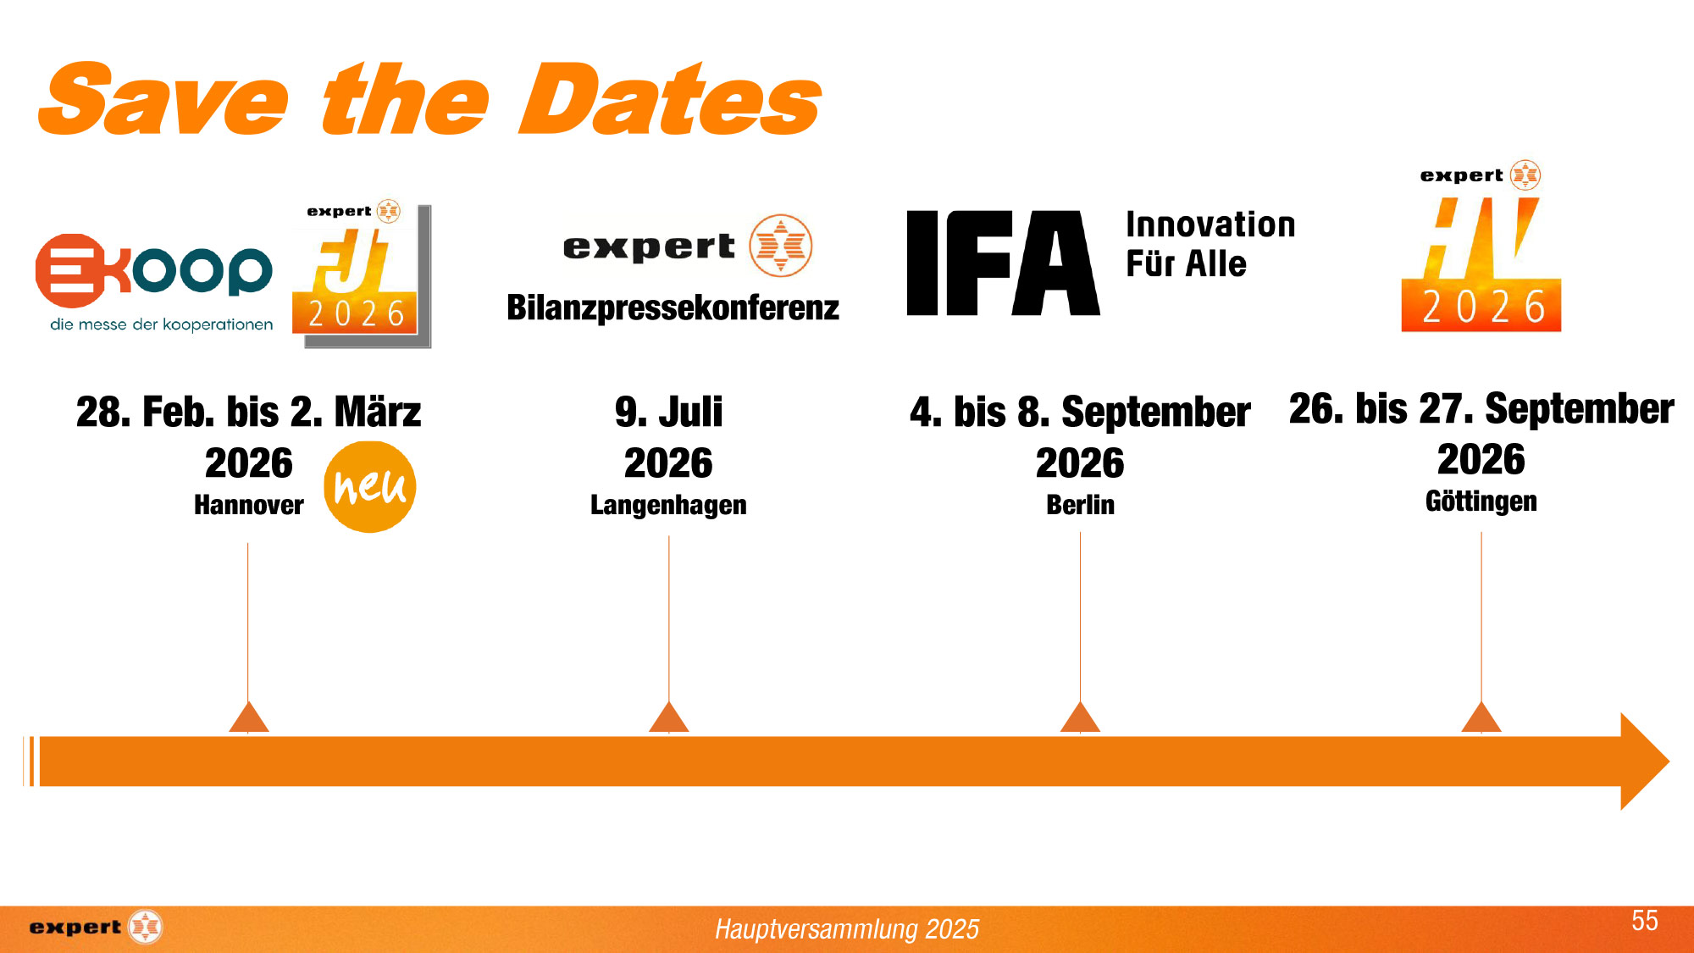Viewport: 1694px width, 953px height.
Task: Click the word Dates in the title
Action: (x=670, y=100)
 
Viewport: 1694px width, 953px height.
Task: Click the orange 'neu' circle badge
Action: (x=370, y=487)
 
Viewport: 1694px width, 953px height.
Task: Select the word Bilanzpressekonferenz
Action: (x=673, y=308)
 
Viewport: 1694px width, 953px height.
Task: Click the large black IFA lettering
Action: (x=1003, y=263)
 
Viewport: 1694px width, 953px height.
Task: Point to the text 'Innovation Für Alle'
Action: (x=1210, y=244)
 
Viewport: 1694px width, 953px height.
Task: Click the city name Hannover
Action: (x=248, y=505)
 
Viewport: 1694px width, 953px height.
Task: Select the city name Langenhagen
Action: (x=668, y=505)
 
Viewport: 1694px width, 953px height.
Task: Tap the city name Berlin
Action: (x=1080, y=505)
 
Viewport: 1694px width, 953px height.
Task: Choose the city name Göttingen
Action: (x=1481, y=501)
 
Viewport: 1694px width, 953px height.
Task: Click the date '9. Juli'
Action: (x=668, y=413)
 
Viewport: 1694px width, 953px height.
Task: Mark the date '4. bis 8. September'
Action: (x=1080, y=413)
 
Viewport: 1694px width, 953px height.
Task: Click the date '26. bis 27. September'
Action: (x=1481, y=409)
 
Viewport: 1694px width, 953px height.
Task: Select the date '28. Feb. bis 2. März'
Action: (x=248, y=413)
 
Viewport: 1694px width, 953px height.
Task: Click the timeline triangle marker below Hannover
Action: (x=248, y=717)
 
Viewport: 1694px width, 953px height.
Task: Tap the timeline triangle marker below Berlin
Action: (x=1080, y=717)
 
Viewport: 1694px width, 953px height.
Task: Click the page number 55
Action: (x=1645, y=921)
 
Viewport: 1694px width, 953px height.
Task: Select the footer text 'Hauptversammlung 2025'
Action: (x=847, y=929)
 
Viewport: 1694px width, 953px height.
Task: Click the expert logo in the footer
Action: (x=95, y=927)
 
